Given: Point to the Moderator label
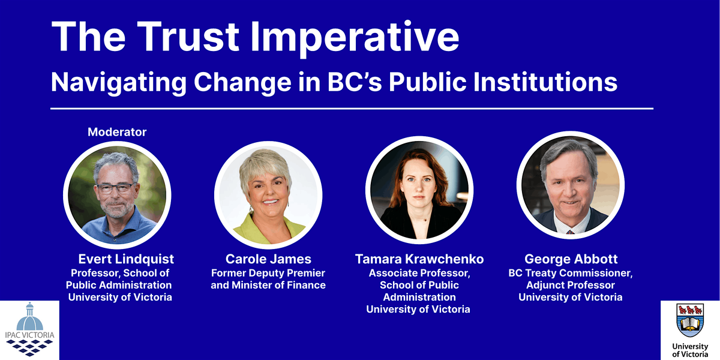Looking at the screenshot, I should tap(117, 132).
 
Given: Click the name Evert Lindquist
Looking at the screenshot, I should tap(126, 259).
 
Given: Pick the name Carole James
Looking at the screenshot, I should tap(268, 259).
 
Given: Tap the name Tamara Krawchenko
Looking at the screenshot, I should tap(419, 259).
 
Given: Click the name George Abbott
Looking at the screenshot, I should tap(570, 259).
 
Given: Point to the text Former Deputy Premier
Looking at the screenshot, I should tap(268, 274).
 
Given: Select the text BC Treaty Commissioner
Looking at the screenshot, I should tap(570, 274).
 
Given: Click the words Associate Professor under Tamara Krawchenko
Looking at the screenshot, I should tap(419, 274).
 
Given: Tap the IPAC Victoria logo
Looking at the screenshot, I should tap(29, 331).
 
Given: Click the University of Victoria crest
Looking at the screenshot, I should tap(690, 320).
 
